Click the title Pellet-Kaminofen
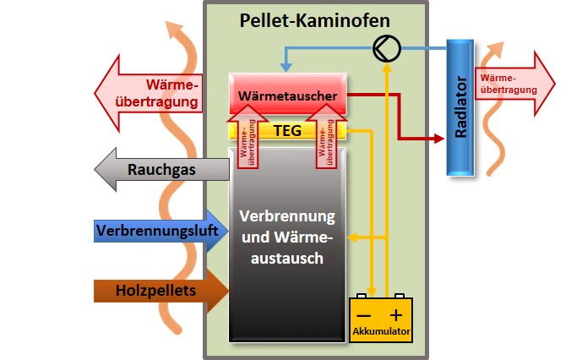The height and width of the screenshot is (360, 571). (x=314, y=20)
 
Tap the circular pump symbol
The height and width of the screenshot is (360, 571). (x=387, y=48)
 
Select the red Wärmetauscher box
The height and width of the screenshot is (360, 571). (x=288, y=94)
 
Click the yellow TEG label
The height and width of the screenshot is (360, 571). (x=287, y=130)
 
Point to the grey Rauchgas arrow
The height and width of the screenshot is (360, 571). (x=161, y=169)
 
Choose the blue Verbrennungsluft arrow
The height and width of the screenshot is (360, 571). (x=160, y=231)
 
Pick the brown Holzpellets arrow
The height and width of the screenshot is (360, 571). (x=161, y=291)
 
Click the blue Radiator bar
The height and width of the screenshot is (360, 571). (x=460, y=107)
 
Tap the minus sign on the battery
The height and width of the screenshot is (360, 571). (x=364, y=315)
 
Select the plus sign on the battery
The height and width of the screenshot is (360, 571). (x=396, y=315)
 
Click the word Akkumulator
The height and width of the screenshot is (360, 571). (x=381, y=331)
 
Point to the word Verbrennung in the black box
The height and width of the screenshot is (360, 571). (x=287, y=216)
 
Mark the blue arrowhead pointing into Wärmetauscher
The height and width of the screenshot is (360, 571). (x=286, y=67)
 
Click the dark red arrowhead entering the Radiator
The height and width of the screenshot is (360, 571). (x=439, y=139)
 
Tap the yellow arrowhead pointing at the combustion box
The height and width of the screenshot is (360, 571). (x=352, y=237)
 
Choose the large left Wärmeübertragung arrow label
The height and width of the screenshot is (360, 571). (x=157, y=93)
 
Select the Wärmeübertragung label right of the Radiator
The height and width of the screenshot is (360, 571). (x=508, y=84)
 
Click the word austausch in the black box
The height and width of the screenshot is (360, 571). (x=287, y=259)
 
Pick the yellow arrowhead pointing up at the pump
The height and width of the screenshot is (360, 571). (x=387, y=68)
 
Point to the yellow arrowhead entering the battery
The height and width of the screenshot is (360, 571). (x=371, y=292)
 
